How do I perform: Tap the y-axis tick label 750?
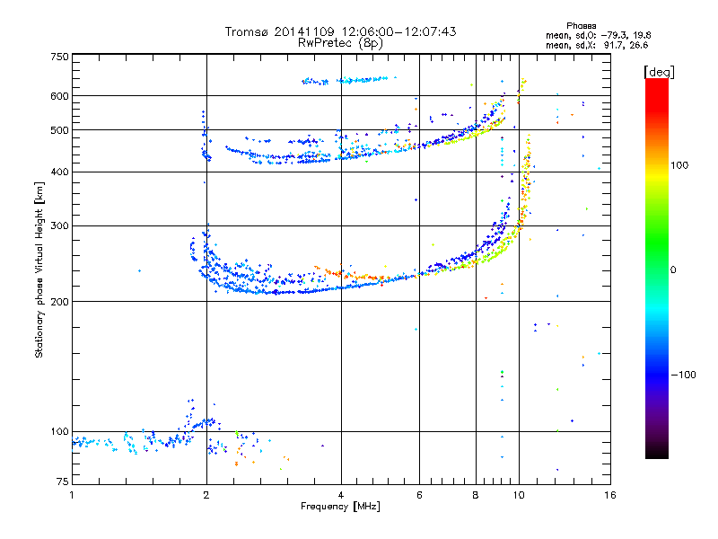[59, 56]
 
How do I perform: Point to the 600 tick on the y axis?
[59, 96]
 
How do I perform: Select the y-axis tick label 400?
[59, 172]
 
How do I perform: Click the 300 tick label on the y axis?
[59, 226]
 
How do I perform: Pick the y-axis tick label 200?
[59, 302]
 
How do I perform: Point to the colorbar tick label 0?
[674, 269]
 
